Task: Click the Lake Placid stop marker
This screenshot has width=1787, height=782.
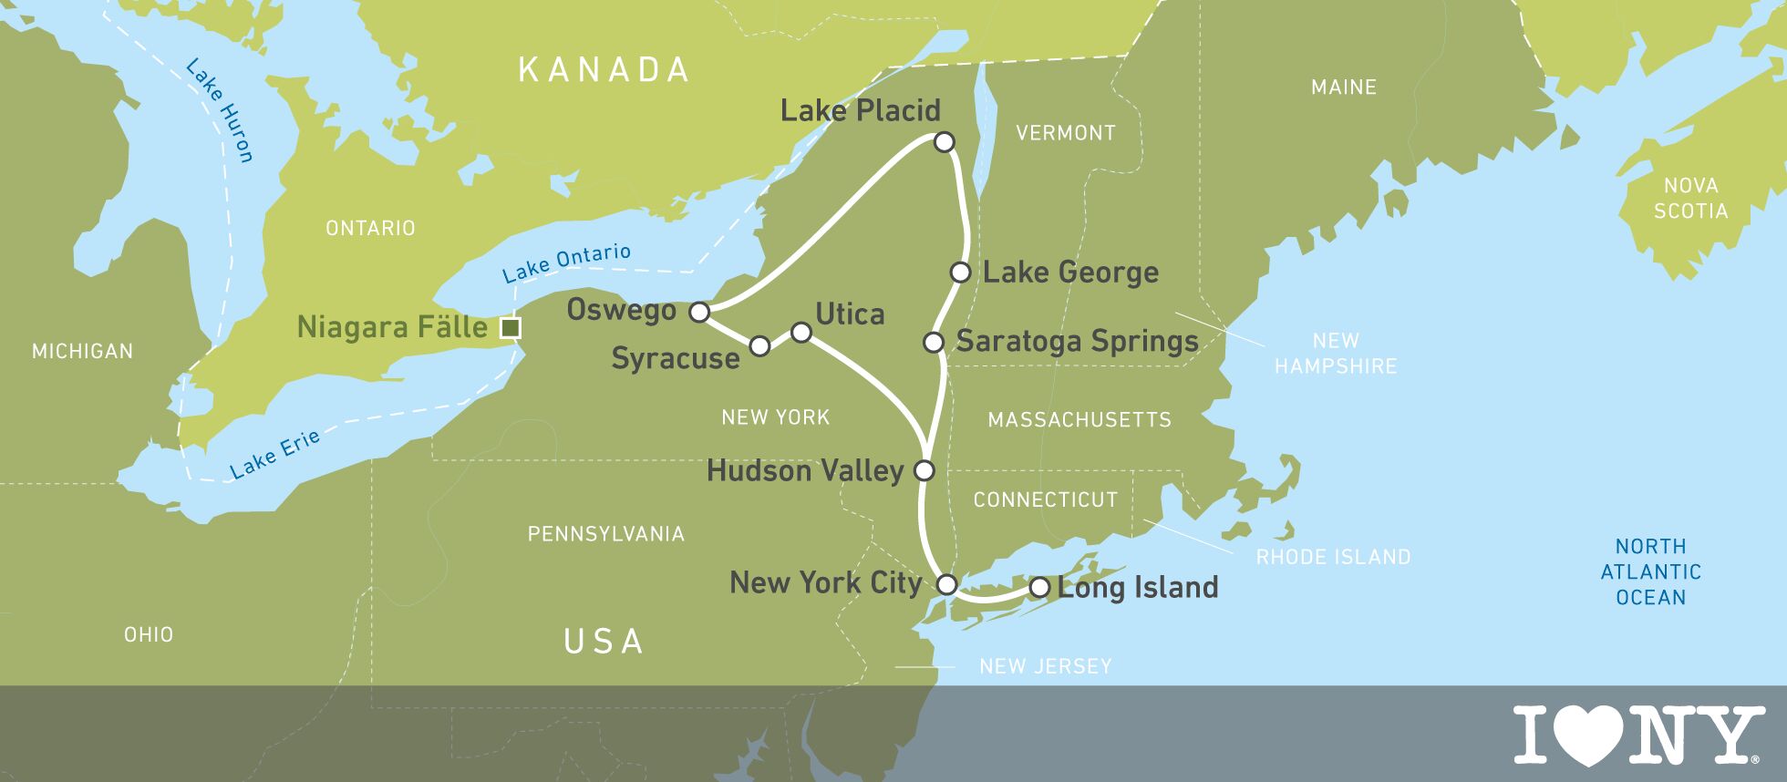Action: coord(945,142)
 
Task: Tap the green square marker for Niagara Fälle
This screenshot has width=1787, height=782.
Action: coord(511,328)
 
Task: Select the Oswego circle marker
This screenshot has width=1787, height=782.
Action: coord(699,313)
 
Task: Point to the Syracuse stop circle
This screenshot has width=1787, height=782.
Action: coord(759,345)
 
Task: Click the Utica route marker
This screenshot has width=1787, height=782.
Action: coord(801,333)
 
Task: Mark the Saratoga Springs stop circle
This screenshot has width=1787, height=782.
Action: coord(933,343)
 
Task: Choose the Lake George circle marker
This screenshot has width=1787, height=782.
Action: coord(960,273)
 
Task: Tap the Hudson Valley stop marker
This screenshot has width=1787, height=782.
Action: coord(924,471)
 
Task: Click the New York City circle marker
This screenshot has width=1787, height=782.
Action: coord(947,584)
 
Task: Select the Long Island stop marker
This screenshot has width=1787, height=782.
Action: coord(1038,588)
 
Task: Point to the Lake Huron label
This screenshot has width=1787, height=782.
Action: coord(219,110)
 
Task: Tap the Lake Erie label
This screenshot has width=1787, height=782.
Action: coord(274,454)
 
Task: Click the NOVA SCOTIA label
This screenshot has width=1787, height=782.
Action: coord(1690,199)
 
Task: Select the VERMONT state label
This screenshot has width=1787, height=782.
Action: coord(1065,133)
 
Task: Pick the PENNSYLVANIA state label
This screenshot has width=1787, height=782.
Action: coord(606,534)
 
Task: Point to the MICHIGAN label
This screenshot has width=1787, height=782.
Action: coord(82,351)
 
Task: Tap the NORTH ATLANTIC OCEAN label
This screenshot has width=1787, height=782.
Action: coord(1650,571)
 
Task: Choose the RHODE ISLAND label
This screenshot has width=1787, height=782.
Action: coord(1333,557)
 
